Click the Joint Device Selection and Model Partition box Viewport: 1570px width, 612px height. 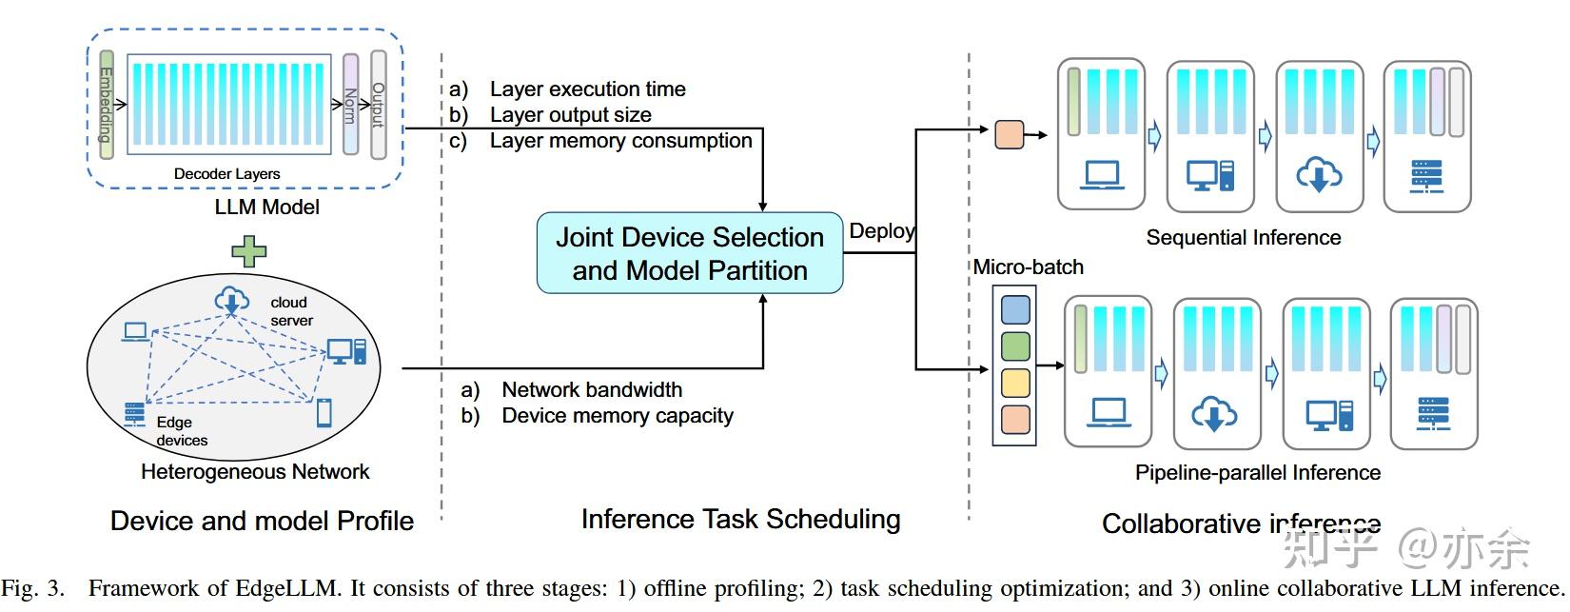[690, 253]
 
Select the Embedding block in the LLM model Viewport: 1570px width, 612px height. [106, 105]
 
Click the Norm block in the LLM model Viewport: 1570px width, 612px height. [350, 105]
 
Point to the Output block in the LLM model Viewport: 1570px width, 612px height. [379, 105]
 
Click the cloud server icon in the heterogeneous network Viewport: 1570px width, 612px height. [230, 301]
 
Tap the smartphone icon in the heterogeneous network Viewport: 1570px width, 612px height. [324, 413]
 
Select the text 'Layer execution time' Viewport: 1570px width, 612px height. [587, 89]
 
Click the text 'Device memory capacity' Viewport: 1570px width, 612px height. [617, 416]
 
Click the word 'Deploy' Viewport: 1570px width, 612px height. [881, 231]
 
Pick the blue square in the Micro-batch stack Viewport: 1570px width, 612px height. [1015, 309]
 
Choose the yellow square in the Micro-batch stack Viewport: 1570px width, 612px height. [1015, 383]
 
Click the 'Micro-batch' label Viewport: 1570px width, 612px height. [1028, 267]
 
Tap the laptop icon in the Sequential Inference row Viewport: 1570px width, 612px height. [1102, 175]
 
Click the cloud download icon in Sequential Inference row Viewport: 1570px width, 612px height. [1319, 175]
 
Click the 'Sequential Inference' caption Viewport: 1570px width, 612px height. [1243, 238]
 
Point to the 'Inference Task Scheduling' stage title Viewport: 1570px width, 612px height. [740, 519]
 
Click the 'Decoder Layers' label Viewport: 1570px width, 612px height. [226, 174]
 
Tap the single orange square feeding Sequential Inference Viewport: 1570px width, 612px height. [1009, 134]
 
